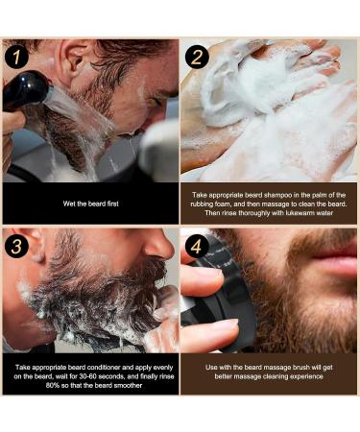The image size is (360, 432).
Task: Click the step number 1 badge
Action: tap(16, 57)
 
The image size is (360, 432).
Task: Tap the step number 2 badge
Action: tap(197, 57)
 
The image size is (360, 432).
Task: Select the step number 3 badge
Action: tap(16, 247)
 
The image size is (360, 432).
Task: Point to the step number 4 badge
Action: tap(197, 247)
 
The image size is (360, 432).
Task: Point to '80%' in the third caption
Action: tap(52, 385)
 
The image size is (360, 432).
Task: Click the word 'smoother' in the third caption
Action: tap(128, 385)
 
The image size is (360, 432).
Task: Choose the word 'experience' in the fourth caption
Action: tap(306, 376)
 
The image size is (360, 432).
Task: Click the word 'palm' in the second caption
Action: tap(314, 195)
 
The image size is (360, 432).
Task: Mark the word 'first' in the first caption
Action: tap(111, 204)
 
